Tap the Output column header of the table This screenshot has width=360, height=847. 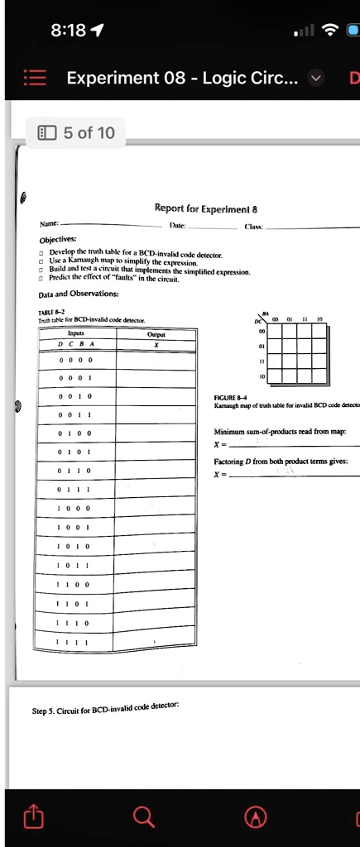pos(156,333)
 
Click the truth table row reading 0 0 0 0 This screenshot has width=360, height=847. pos(75,360)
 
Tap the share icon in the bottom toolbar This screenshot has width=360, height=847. pos(33,818)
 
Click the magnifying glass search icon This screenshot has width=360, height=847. pos(144,818)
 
